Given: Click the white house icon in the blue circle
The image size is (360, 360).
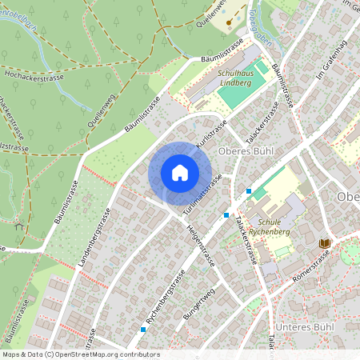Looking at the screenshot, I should tap(180, 173).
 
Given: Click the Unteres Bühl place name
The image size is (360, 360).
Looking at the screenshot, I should tap(302, 328).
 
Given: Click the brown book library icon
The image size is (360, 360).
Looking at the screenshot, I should tap(325, 243).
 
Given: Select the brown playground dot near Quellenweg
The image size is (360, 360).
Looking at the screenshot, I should tap(229, 22).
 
